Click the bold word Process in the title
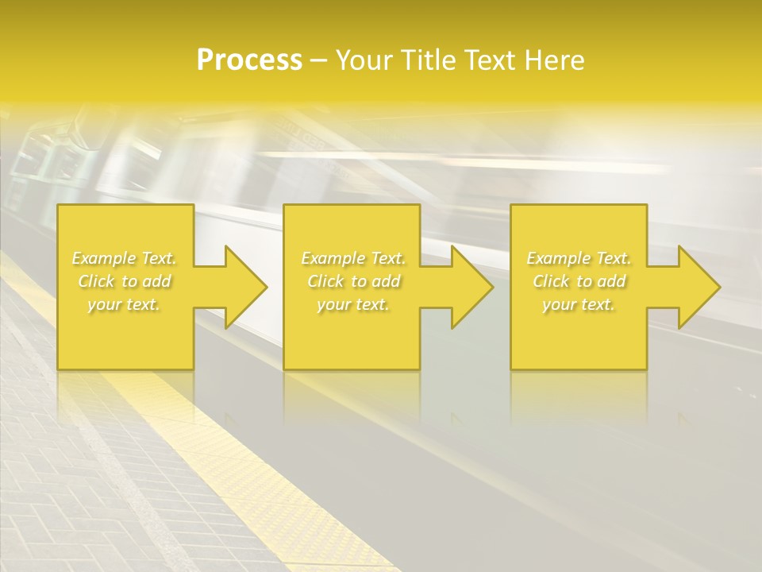[x=249, y=60]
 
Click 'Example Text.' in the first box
[x=125, y=258]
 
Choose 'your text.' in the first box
[x=125, y=304]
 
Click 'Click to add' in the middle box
[x=353, y=281]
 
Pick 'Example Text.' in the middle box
[x=353, y=258]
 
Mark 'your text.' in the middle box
[x=353, y=304]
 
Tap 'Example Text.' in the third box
[x=579, y=258]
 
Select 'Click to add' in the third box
[x=579, y=281]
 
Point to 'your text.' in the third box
[x=579, y=304]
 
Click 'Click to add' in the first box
[x=125, y=281]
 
